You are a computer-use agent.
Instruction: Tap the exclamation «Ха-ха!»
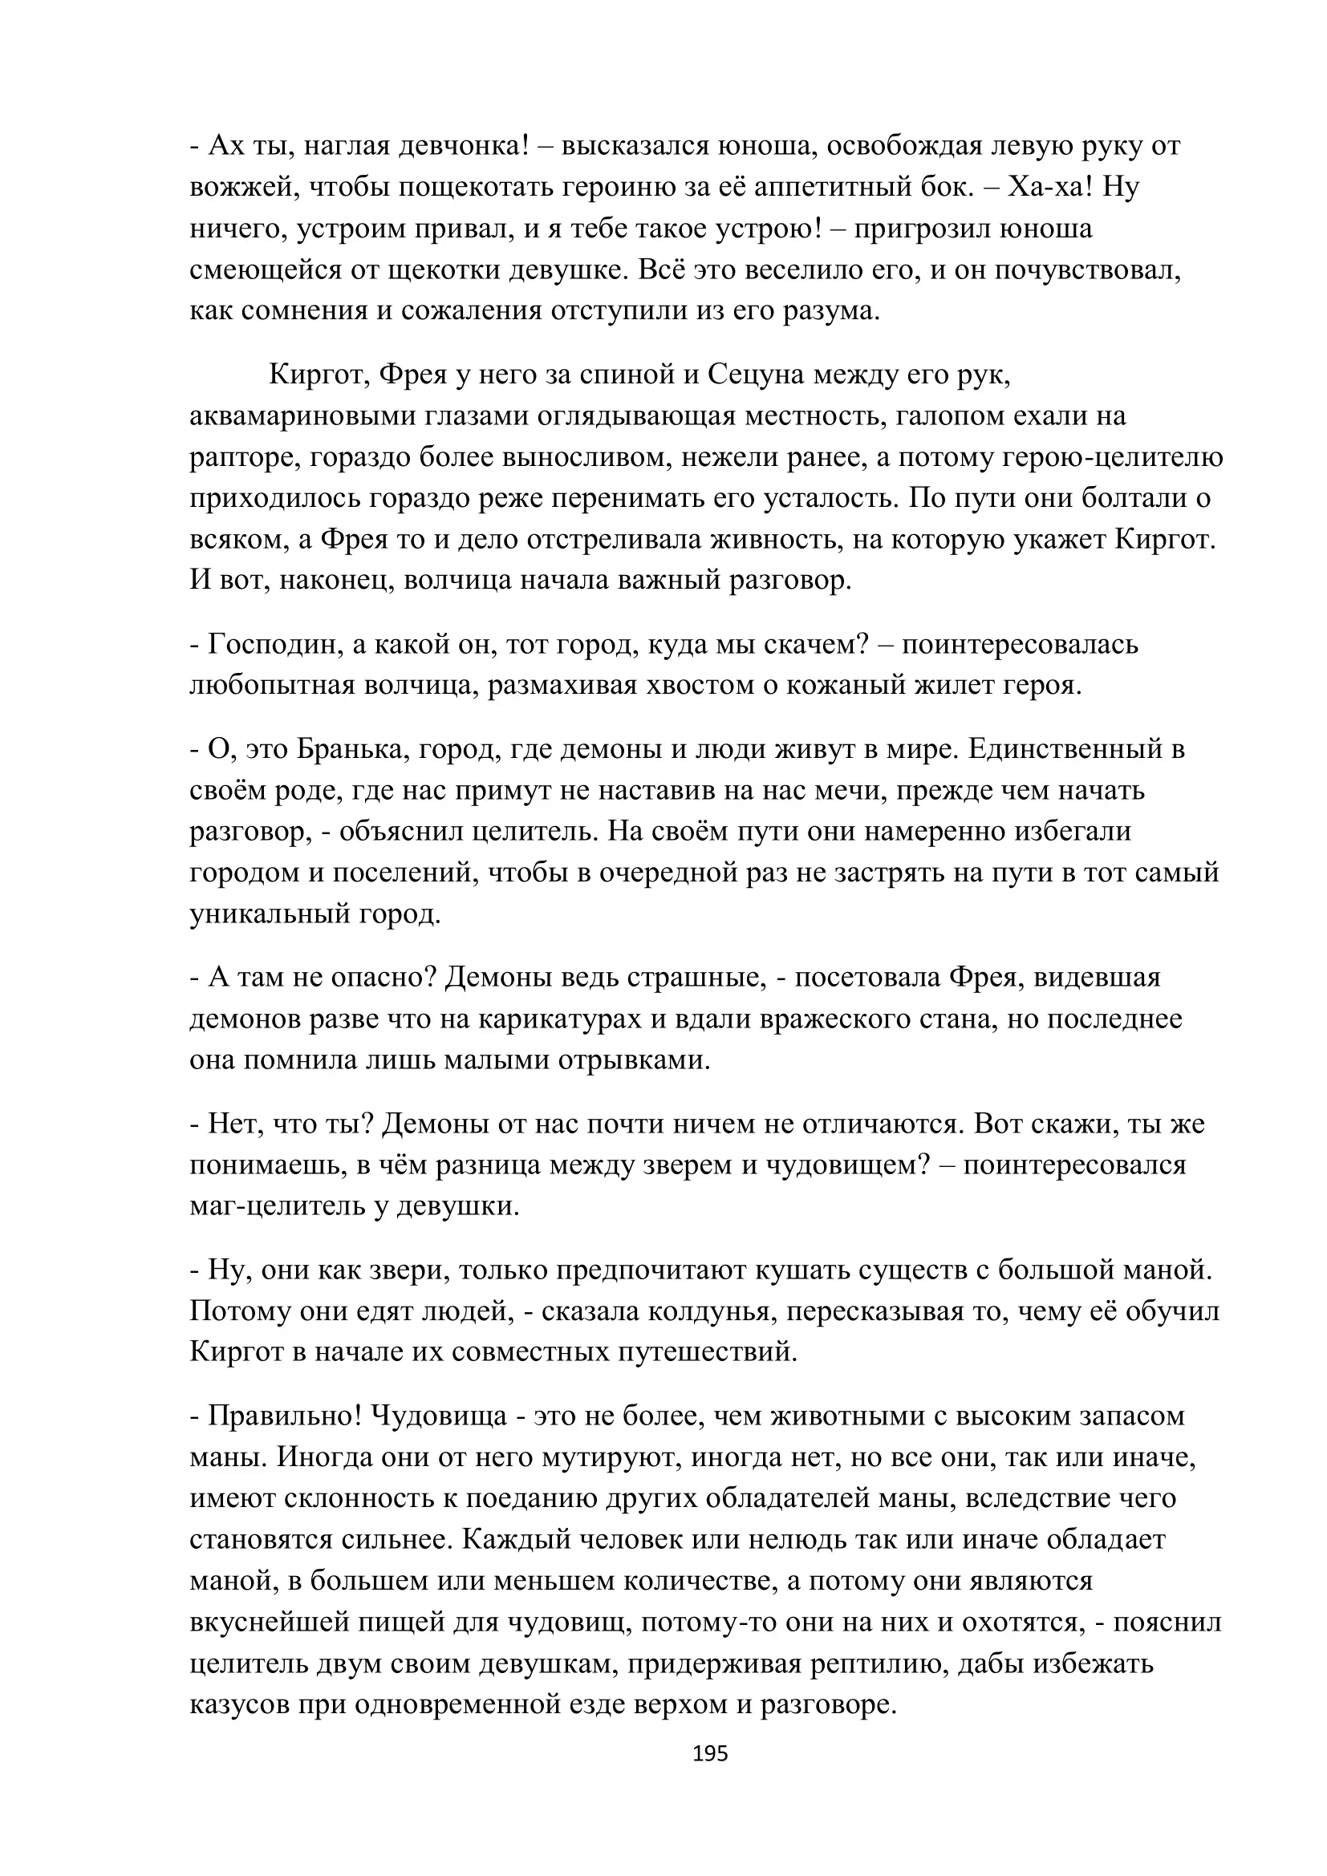pyautogui.click(x=1050, y=187)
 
